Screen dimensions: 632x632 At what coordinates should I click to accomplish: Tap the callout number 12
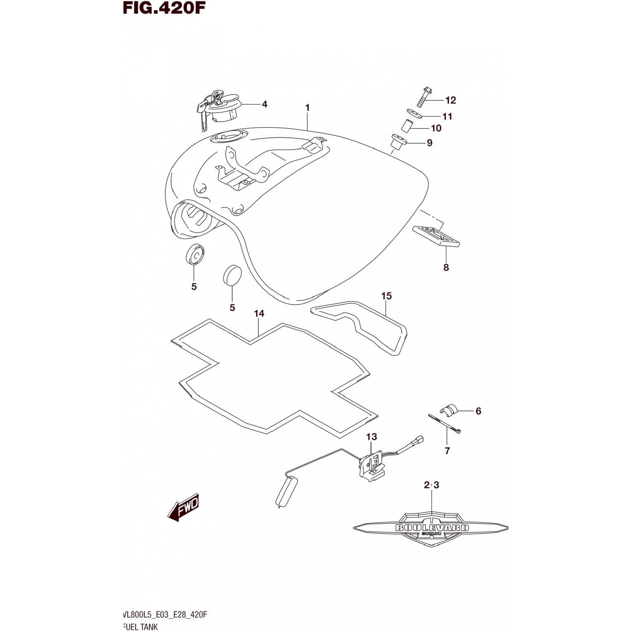pyautogui.click(x=450, y=100)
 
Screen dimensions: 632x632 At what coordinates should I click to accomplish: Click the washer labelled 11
pyautogui.click(x=415, y=112)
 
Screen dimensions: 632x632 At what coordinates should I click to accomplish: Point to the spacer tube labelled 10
pyautogui.click(x=407, y=126)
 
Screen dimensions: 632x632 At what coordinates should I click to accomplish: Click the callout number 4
pyautogui.click(x=265, y=104)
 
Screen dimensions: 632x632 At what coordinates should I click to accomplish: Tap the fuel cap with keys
pyautogui.click(x=219, y=107)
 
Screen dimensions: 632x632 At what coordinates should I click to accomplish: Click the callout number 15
pyautogui.click(x=386, y=296)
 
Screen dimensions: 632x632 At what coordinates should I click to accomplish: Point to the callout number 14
pyautogui.click(x=259, y=313)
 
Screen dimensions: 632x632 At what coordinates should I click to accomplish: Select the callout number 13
pyautogui.click(x=371, y=437)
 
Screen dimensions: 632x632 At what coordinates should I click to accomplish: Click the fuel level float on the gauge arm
pyautogui.click(x=287, y=490)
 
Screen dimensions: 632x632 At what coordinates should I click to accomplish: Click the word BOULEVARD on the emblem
pyautogui.click(x=432, y=528)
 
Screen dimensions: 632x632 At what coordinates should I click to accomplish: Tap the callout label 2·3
pyautogui.click(x=431, y=485)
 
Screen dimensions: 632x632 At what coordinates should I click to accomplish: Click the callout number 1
pyautogui.click(x=308, y=108)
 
